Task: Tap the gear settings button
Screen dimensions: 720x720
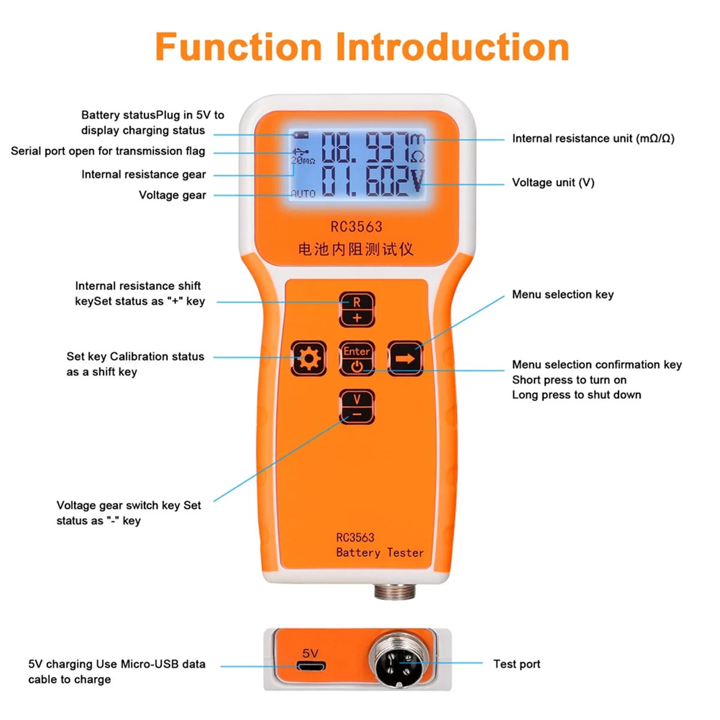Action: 308,359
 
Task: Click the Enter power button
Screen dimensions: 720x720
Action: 357,359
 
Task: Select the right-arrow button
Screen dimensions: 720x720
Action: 405,359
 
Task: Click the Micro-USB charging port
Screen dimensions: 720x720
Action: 311,667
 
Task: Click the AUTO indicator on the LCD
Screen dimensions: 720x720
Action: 303,194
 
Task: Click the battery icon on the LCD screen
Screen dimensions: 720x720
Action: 301,135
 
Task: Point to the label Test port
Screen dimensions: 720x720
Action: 516,664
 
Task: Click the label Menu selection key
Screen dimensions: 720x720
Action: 562,295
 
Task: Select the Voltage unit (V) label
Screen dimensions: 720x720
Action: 553,182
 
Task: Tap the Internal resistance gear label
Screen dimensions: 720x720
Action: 143,175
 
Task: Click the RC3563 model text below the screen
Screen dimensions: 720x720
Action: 356,227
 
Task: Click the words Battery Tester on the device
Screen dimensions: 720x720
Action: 379,553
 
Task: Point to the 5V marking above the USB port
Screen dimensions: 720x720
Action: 310,653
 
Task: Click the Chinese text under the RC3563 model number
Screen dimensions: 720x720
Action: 356,249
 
